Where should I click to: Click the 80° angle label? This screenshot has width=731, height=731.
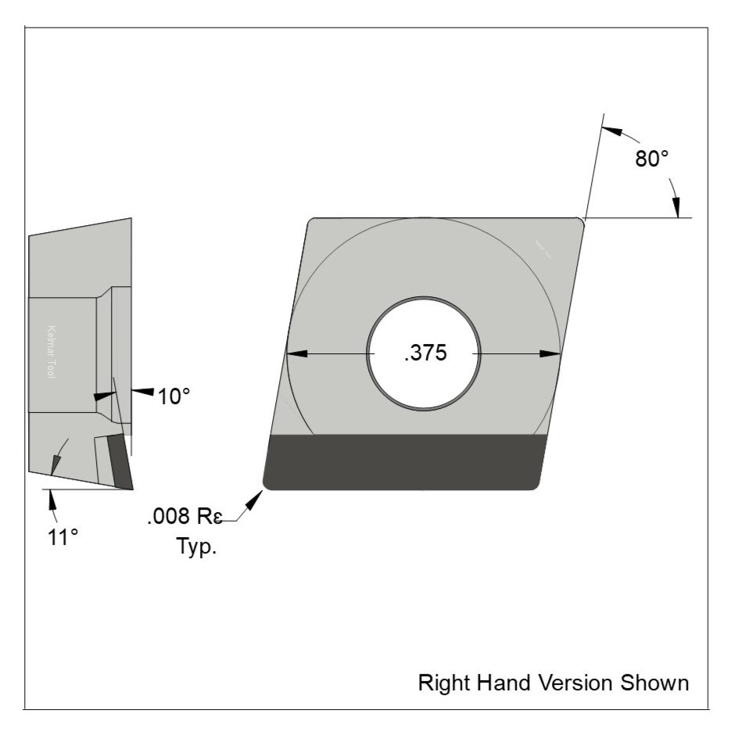pyautogui.click(x=651, y=159)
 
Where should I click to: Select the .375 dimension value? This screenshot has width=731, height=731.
pyautogui.click(x=425, y=353)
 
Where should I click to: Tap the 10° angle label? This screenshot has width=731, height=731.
pyautogui.click(x=174, y=396)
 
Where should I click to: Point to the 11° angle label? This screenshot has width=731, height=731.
pyautogui.click(x=63, y=537)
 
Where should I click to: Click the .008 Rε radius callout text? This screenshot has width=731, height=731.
pyautogui.click(x=184, y=517)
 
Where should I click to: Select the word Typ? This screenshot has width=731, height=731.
pyautogui.click(x=195, y=546)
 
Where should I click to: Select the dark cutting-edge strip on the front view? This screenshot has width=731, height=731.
pyautogui.click(x=403, y=462)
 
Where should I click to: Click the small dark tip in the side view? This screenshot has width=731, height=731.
pyautogui.click(x=122, y=461)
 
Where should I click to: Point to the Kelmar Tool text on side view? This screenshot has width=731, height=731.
pyautogui.click(x=52, y=352)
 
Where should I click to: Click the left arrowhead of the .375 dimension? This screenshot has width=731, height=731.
pyautogui.click(x=296, y=353)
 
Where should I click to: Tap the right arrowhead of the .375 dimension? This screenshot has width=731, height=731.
pyautogui.click(x=551, y=353)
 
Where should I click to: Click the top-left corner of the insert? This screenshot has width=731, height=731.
pyautogui.click(x=311, y=223)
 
